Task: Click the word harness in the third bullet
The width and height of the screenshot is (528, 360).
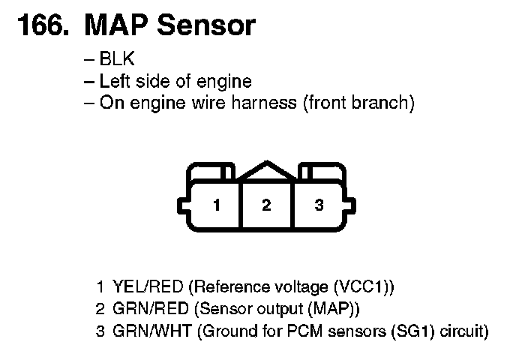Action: click(260, 103)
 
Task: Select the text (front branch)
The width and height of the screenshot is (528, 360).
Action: click(358, 103)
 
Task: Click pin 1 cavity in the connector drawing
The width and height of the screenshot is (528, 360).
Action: click(216, 205)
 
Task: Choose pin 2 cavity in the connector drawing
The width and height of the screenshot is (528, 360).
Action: click(266, 205)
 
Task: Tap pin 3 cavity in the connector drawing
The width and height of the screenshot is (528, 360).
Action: click(319, 205)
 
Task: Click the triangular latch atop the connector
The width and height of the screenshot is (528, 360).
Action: click(266, 170)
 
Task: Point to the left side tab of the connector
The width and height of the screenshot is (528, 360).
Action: click(181, 205)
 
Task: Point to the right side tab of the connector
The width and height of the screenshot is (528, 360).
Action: click(352, 205)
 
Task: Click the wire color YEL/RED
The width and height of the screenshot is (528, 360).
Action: click(148, 286)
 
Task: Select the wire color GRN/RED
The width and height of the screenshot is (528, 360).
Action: click(148, 308)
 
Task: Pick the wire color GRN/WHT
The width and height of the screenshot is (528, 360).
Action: click(150, 330)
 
